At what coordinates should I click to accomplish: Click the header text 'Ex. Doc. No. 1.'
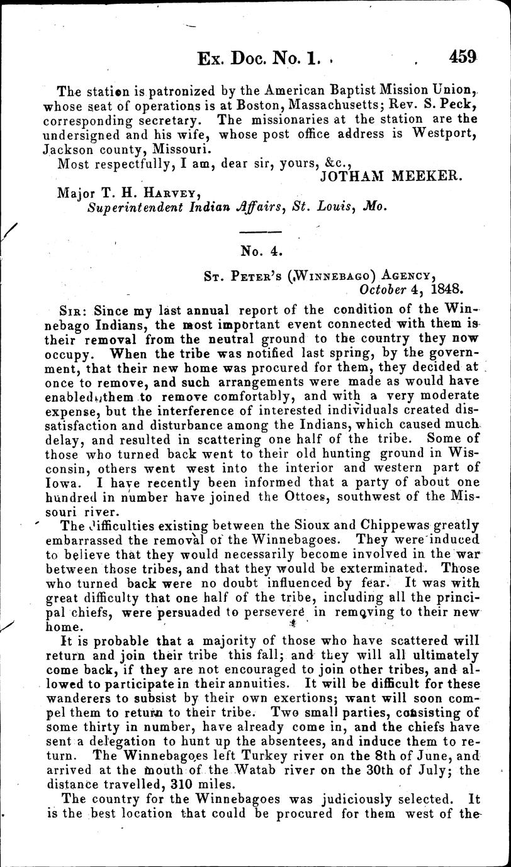coord(255,60)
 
